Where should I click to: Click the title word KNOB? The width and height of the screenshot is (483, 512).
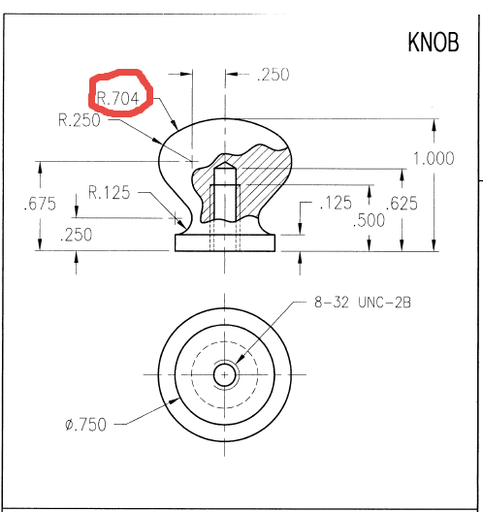click(x=433, y=45)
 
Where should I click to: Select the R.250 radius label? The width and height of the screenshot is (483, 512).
click(x=80, y=121)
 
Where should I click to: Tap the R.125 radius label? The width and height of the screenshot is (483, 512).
click(x=109, y=192)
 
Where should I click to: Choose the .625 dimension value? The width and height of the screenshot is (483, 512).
click(x=402, y=204)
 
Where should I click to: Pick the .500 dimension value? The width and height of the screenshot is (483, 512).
click(x=369, y=220)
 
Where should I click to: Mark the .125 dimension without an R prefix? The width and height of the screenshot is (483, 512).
click(x=335, y=204)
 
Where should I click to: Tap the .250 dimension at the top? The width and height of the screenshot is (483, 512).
click(x=273, y=76)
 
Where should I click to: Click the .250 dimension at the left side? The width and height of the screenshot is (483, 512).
click(x=77, y=235)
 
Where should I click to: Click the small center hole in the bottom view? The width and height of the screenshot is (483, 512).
click(x=225, y=374)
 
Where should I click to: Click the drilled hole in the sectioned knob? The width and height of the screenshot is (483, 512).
click(x=224, y=199)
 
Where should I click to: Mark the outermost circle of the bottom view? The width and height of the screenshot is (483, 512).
click(x=160, y=374)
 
